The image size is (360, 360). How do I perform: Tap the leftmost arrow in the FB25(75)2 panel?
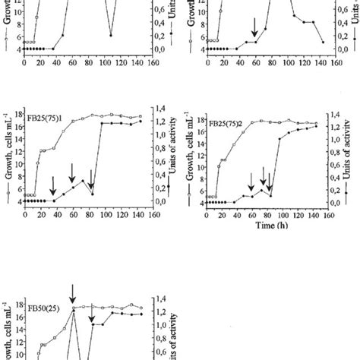251,180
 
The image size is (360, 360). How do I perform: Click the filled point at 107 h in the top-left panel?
111,35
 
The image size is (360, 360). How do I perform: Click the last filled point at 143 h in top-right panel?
322,43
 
